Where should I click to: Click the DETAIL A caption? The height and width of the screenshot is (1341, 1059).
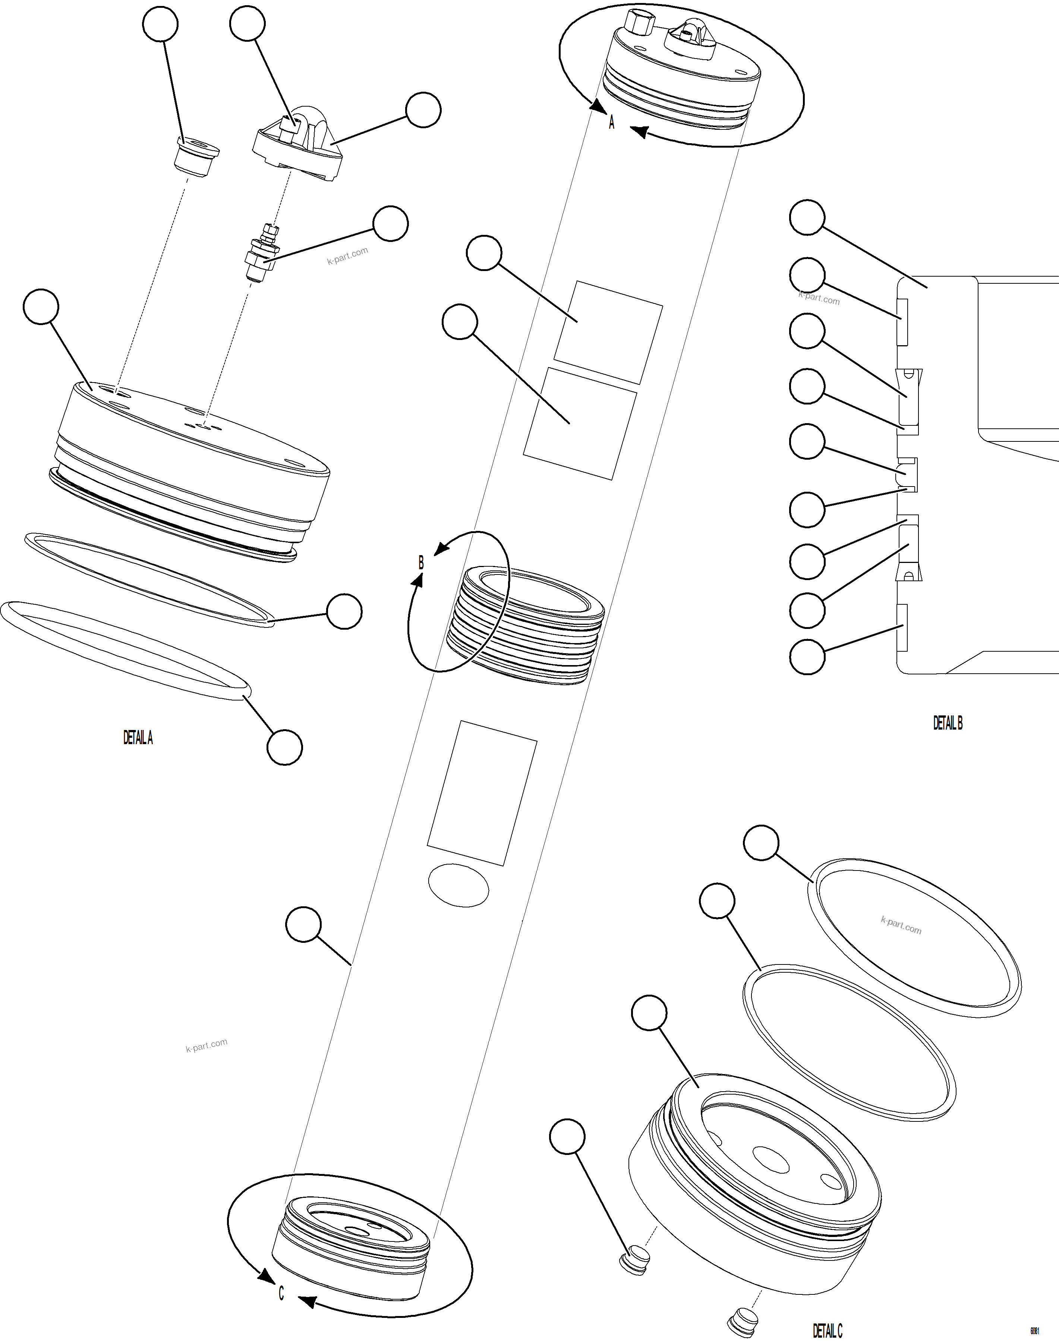click(x=138, y=737)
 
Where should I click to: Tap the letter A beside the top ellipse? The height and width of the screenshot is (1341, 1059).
click(x=611, y=123)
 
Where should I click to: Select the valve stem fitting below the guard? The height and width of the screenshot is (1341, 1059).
click(x=261, y=254)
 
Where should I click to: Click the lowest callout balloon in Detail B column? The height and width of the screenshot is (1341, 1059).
click(x=807, y=657)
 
